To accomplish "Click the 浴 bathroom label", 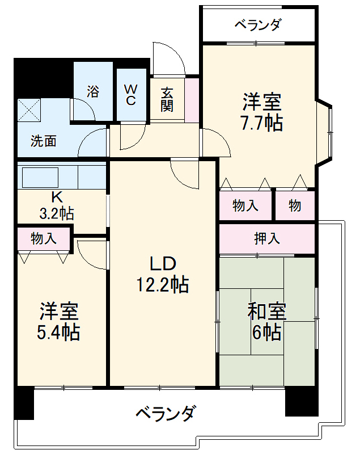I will (94, 91).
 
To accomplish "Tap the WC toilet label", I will (130, 95).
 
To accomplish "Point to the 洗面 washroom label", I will (43, 141).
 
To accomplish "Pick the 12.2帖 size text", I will (163, 284).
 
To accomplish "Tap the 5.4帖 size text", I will (58, 331).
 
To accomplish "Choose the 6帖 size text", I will (266, 332).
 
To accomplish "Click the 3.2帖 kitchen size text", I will (56, 213).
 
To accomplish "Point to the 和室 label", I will (266, 312).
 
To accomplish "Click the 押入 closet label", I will (266, 238).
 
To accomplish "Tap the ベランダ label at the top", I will (258, 25).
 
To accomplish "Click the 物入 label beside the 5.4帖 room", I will (44, 238).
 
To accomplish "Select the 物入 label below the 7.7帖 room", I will (245, 206).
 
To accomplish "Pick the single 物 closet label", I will (295, 206).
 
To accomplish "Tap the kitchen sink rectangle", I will (39, 177).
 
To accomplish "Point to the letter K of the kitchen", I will (56, 197).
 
